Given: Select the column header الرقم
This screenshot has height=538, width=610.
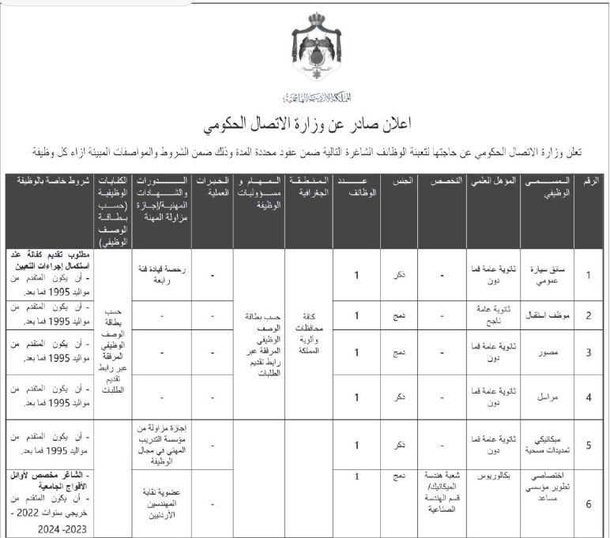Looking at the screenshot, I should pyautogui.click(x=589, y=181).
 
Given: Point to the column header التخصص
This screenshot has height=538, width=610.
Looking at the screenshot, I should pyautogui.click(x=441, y=181).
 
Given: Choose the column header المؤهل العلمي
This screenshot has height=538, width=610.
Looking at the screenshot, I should pyautogui.click(x=493, y=181).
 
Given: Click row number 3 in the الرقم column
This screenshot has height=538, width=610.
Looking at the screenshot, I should pyautogui.click(x=589, y=352).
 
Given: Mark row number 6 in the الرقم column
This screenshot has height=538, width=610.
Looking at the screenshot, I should pyautogui.click(x=589, y=502).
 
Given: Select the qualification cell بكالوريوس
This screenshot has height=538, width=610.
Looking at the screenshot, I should pyautogui.click(x=494, y=477).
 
